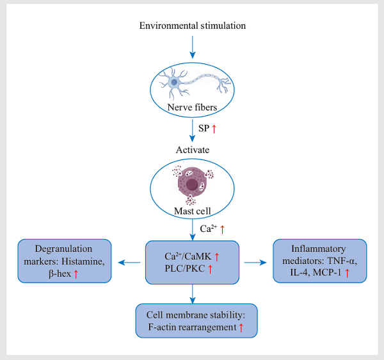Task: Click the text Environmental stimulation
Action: pyautogui.click(x=193, y=26)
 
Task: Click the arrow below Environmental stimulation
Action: pyautogui.click(x=193, y=47)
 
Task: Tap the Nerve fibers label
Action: pyautogui.click(x=192, y=107)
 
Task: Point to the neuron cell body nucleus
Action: pyautogui.click(x=174, y=82)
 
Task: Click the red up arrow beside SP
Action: pyautogui.click(x=214, y=129)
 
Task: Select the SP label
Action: pyautogui.click(x=204, y=128)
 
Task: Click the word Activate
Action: pyautogui.click(x=193, y=150)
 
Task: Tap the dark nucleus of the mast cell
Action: pyautogui.click(x=192, y=184)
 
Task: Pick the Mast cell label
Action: pyautogui.click(x=192, y=211)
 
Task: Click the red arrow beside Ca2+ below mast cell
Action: pyautogui.click(x=222, y=229)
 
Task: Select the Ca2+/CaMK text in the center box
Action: pyautogui.click(x=188, y=256)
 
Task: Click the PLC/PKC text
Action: pyautogui.click(x=185, y=268)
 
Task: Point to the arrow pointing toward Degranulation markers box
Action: pyautogui.click(x=129, y=263)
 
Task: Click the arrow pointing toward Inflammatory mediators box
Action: pyautogui.click(x=255, y=263)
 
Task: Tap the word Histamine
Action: pyautogui.click(x=83, y=261)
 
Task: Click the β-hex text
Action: pyautogui.click(x=60, y=274)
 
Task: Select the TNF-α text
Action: pyautogui.click(x=342, y=261)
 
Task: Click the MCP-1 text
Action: pyautogui.click(x=327, y=272)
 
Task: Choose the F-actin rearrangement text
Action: pyautogui.click(x=192, y=327)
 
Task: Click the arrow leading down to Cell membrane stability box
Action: pyautogui.click(x=193, y=294)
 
